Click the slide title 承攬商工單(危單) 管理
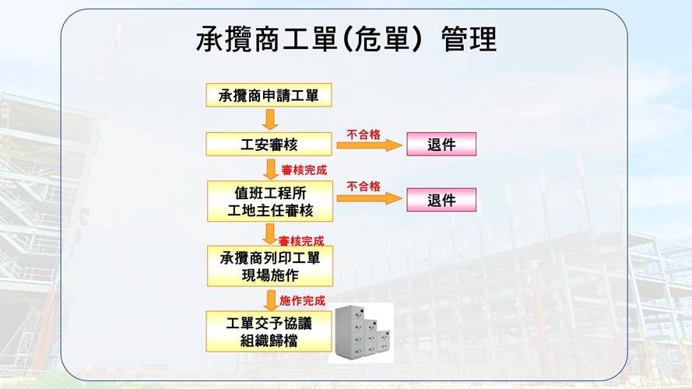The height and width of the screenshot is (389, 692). tap(346, 39)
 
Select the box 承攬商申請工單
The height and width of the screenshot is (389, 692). tap(269, 95)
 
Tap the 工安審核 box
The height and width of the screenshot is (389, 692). tap(269, 144)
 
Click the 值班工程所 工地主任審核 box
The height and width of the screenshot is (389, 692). tap(270, 202)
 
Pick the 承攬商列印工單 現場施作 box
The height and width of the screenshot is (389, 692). tap(270, 266)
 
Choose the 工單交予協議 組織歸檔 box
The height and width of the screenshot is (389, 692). tap(269, 331)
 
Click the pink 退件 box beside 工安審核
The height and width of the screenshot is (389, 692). tap(441, 144)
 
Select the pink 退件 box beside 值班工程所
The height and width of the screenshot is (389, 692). tap(441, 200)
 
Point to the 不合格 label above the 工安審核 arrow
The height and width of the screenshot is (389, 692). tap(364, 135)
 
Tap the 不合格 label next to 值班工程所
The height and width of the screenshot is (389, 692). tap(364, 187)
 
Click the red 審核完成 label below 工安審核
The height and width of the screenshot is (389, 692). tap(304, 170)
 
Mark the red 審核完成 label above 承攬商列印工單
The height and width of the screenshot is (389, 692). tap(301, 241)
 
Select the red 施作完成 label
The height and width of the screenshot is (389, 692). tap(302, 301)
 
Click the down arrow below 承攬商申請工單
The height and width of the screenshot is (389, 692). tap(269, 120)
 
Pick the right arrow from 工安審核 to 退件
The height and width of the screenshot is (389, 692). tap(370, 145)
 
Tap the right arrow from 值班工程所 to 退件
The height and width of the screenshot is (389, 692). tap(370, 198)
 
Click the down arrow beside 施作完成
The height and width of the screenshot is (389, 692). tap(271, 300)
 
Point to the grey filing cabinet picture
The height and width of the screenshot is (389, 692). tap(361, 332)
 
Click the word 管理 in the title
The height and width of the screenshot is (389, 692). tap(469, 39)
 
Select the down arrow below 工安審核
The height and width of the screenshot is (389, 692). tap(271, 169)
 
